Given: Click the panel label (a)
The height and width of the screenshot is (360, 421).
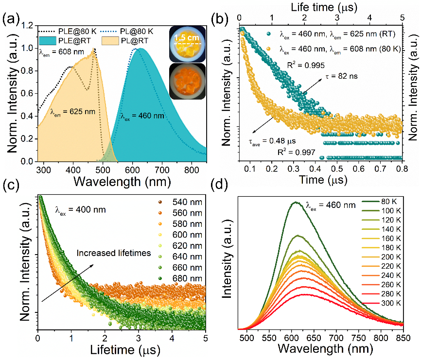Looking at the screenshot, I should click(11, 20).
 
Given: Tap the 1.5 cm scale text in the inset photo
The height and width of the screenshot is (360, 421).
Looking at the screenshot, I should click(184, 37).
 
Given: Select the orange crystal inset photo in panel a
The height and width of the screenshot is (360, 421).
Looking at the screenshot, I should click(185, 81).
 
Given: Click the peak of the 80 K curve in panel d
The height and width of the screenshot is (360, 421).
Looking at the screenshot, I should click(296, 202).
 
